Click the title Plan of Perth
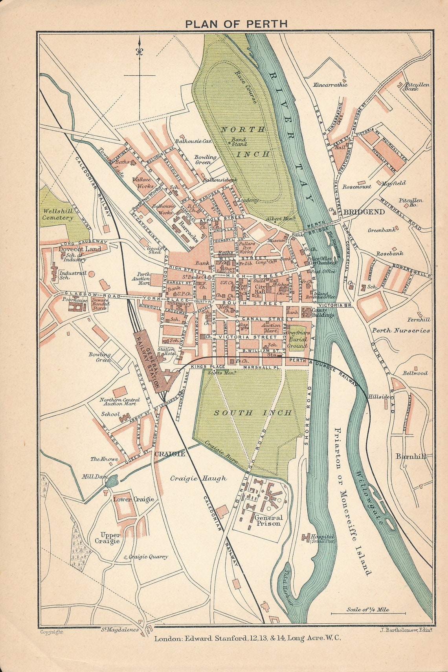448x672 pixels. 236,24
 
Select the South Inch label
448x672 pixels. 253,413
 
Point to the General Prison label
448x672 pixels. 268,520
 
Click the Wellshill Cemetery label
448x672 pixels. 58,214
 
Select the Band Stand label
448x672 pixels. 239,142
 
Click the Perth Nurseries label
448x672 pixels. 401,331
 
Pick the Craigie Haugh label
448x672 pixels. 198,478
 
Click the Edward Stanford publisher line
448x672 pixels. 247,638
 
